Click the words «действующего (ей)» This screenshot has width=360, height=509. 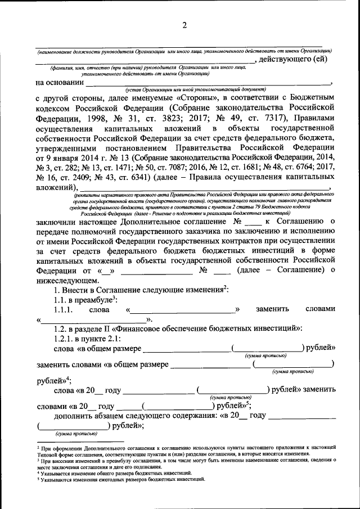[x=296, y=59]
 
